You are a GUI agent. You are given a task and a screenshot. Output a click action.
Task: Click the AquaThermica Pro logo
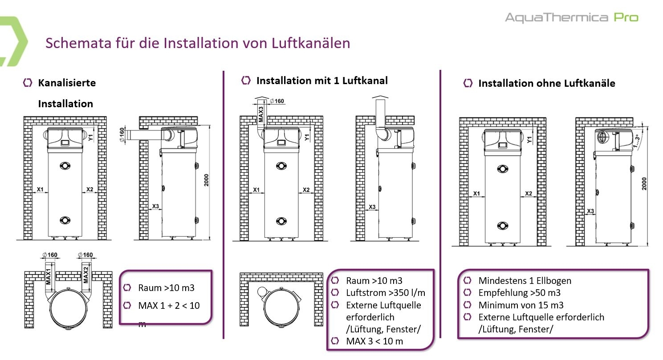click(x=571, y=17)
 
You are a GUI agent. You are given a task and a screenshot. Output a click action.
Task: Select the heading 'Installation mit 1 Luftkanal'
click(x=322, y=81)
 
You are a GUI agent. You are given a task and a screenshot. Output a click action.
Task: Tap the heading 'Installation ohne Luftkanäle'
click(x=546, y=83)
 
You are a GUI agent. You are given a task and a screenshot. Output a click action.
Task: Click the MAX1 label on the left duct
click(x=49, y=275)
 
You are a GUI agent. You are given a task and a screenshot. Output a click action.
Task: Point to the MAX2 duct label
click(x=86, y=275)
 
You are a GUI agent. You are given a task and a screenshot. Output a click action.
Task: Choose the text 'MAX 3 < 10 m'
click(x=374, y=341)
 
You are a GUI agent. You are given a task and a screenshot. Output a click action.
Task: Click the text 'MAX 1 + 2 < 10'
click(x=169, y=306)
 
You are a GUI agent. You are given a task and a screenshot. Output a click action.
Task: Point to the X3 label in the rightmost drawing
click(x=590, y=211)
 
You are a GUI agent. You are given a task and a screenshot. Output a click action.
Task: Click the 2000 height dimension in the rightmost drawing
click(x=644, y=183)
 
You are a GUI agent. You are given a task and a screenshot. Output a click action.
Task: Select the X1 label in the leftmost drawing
click(x=40, y=190)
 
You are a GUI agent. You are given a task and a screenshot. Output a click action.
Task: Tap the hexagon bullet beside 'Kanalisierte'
click(x=28, y=83)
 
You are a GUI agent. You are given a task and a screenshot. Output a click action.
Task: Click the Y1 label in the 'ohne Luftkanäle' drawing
click(x=529, y=139)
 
